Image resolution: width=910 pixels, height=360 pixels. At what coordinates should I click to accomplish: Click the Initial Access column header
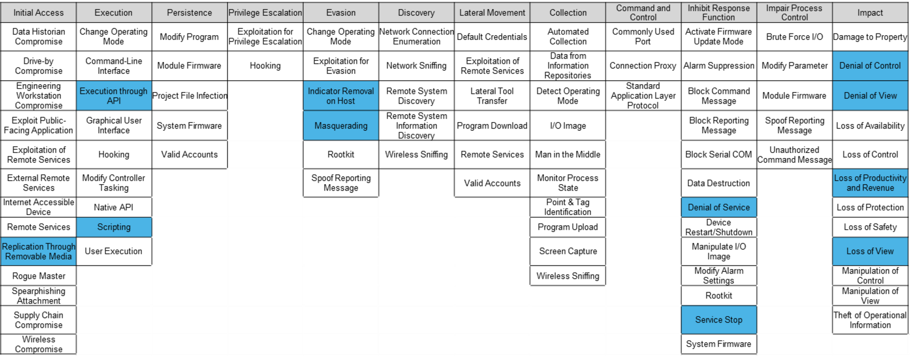pyautogui.click(x=38, y=13)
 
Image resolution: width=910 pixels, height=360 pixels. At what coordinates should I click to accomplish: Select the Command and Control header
pyautogui.click(x=643, y=13)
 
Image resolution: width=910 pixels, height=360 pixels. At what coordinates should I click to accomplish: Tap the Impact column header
pyautogui.click(x=870, y=13)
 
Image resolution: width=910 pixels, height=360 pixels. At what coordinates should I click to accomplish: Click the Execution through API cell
pyautogui.click(x=114, y=96)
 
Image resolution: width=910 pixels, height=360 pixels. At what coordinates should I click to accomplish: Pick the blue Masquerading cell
pyautogui.click(x=341, y=126)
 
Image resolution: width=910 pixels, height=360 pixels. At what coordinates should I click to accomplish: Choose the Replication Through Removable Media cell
pyautogui.click(x=38, y=251)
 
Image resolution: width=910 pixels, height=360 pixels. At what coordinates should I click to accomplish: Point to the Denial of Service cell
pyautogui.click(x=719, y=207)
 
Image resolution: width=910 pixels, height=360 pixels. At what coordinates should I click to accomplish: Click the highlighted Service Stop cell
pyautogui.click(x=719, y=320)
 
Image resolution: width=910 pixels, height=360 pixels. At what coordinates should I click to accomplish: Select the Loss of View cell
pyautogui.click(x=870, y=251)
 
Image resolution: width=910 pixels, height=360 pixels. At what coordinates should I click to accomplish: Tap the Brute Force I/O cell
pyautogui.click(x=795, y=37)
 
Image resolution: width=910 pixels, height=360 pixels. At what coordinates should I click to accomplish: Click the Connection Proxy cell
pyautogui.click(x=643, y=66)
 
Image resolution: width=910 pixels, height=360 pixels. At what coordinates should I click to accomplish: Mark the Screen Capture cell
pyautogui.click(x=568, y=251)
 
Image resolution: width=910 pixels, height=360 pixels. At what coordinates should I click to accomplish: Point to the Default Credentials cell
pyautogui.click(x=492, y=37)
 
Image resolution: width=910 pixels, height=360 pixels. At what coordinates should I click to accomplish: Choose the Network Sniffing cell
pyautogui.click(x=416, y=66)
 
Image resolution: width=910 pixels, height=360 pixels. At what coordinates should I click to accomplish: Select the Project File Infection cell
pyautogui.click(x=189, y=96)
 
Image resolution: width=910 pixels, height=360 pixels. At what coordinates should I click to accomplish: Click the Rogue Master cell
pyautogui.click(x=38, y=276)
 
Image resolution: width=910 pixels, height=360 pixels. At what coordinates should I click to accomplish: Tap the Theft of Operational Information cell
pyautogui.click(x=870, y=320)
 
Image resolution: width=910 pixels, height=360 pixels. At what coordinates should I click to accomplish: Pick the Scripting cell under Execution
pyautogui.click(x=114, y=227)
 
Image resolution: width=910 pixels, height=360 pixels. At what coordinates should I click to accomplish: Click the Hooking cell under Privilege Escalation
pyautogui.click(x=265, y=66)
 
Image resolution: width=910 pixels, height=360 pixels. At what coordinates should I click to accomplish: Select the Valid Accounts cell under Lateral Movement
pyautogui.click(x=492, y=183)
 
